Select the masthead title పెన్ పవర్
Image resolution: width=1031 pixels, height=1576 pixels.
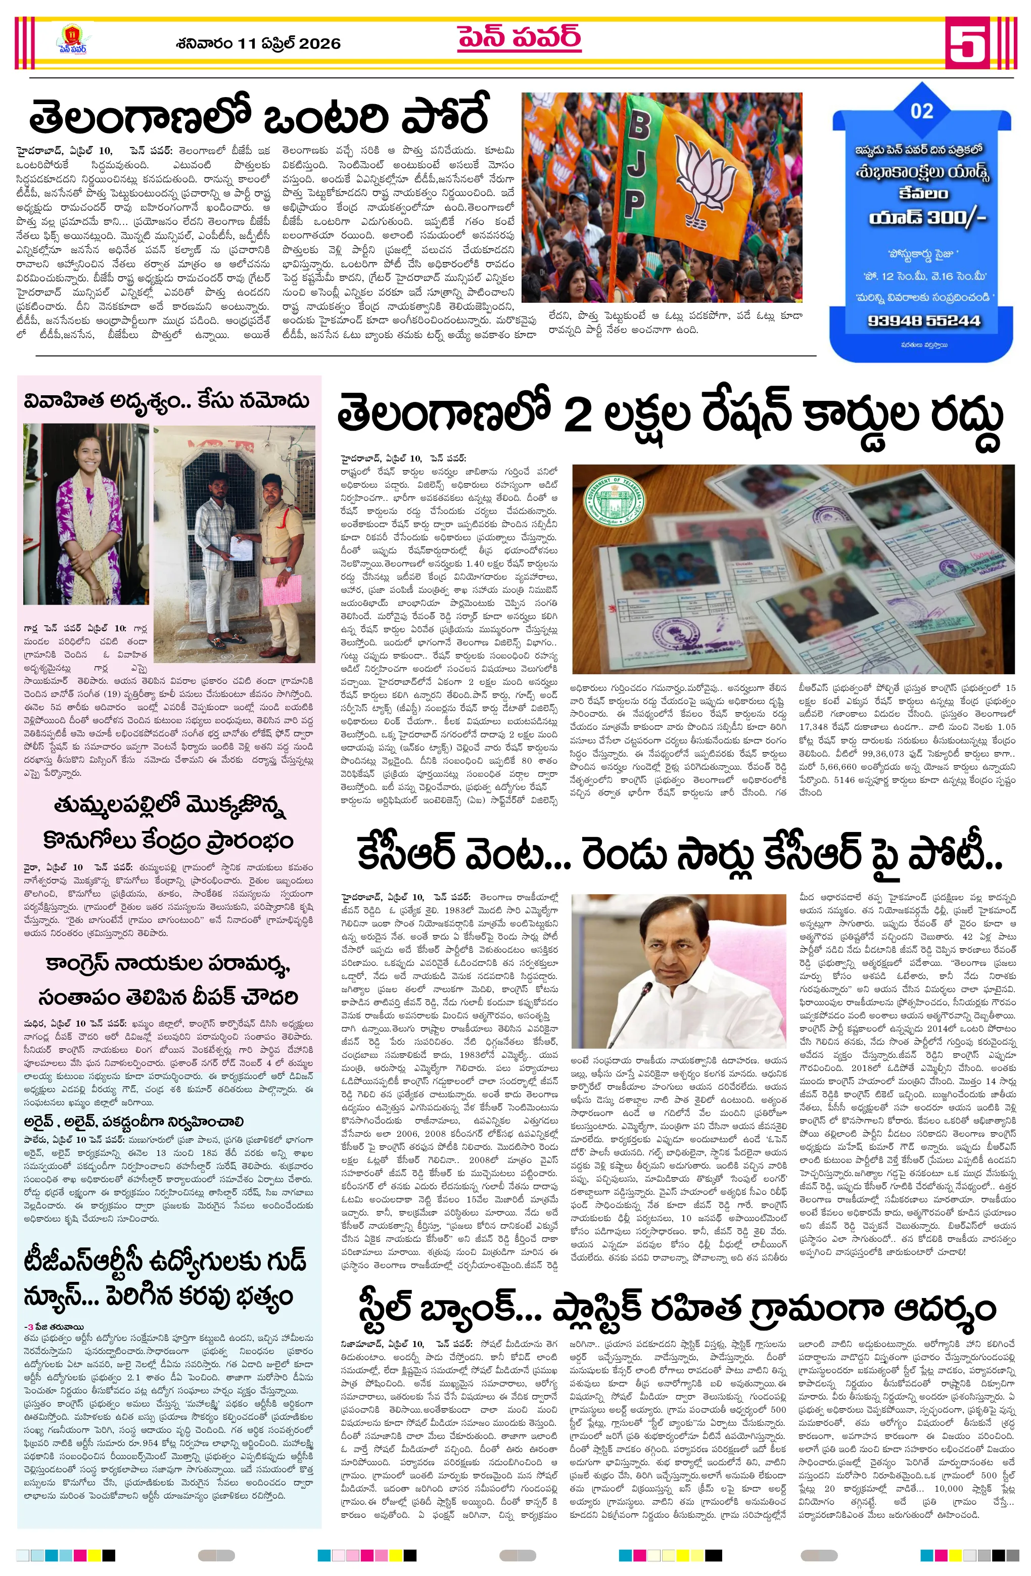(519, 37)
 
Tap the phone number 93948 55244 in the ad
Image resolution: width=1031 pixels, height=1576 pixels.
(920, 320)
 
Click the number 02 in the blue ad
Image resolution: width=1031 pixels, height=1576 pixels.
(921, 111)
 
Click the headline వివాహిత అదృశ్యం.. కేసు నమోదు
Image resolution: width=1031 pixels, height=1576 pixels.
(167, 401)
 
